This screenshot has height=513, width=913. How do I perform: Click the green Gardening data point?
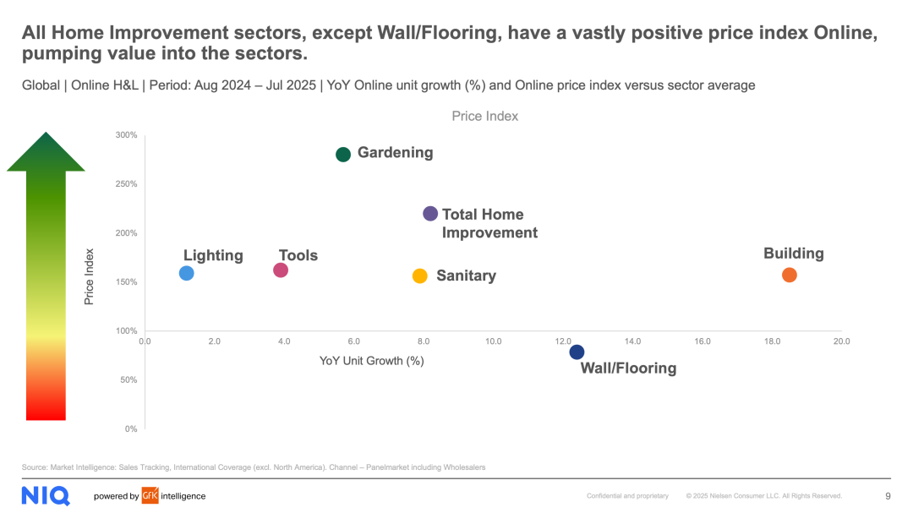(x=343, y=154)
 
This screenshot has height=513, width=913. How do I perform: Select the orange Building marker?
(x=790, y=275)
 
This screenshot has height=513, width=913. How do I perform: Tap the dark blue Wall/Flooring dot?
(x=577, y=352)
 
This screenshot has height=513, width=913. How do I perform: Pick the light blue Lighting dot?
(x=187, y=273)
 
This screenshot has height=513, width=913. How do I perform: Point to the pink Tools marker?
(x=281, y=270)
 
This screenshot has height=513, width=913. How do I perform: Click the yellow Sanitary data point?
(x=420, y=276)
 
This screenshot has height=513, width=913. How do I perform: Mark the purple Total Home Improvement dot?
(x=430, y=214)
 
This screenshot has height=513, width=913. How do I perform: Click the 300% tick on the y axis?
(x=127, y=135)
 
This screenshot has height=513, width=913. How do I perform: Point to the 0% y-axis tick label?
(x=131, y=429)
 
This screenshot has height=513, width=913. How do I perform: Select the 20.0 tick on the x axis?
(x=841, y=341)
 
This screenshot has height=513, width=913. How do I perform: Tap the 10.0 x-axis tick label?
(x=493, y=341)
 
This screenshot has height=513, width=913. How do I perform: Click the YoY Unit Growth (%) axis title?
(x=371, y=361)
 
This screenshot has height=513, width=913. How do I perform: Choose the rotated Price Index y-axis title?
(x=89, y=276)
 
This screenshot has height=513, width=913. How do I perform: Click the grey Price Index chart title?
(x=484, y=116)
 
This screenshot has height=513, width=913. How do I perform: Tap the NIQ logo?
(x=46, y=495)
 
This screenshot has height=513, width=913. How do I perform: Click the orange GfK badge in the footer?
(x=150, y=496)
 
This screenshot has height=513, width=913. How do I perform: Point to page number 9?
(x=888, y=496)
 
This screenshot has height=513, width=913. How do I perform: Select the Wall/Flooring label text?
(x=628, y=368)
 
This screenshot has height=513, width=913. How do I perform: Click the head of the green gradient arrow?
(x=46, y=153)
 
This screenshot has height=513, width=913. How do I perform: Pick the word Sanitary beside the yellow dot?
(x=466, y=276)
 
